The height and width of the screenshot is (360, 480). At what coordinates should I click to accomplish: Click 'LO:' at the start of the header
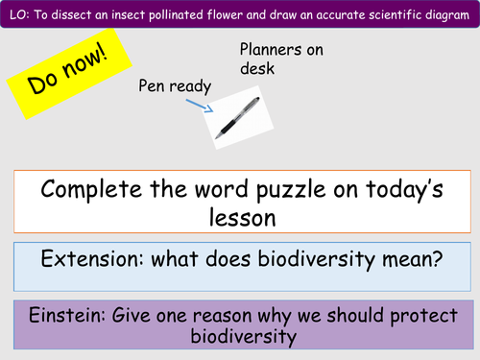[16, 12]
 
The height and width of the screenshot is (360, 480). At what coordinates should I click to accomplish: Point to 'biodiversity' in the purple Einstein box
[240, 337]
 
